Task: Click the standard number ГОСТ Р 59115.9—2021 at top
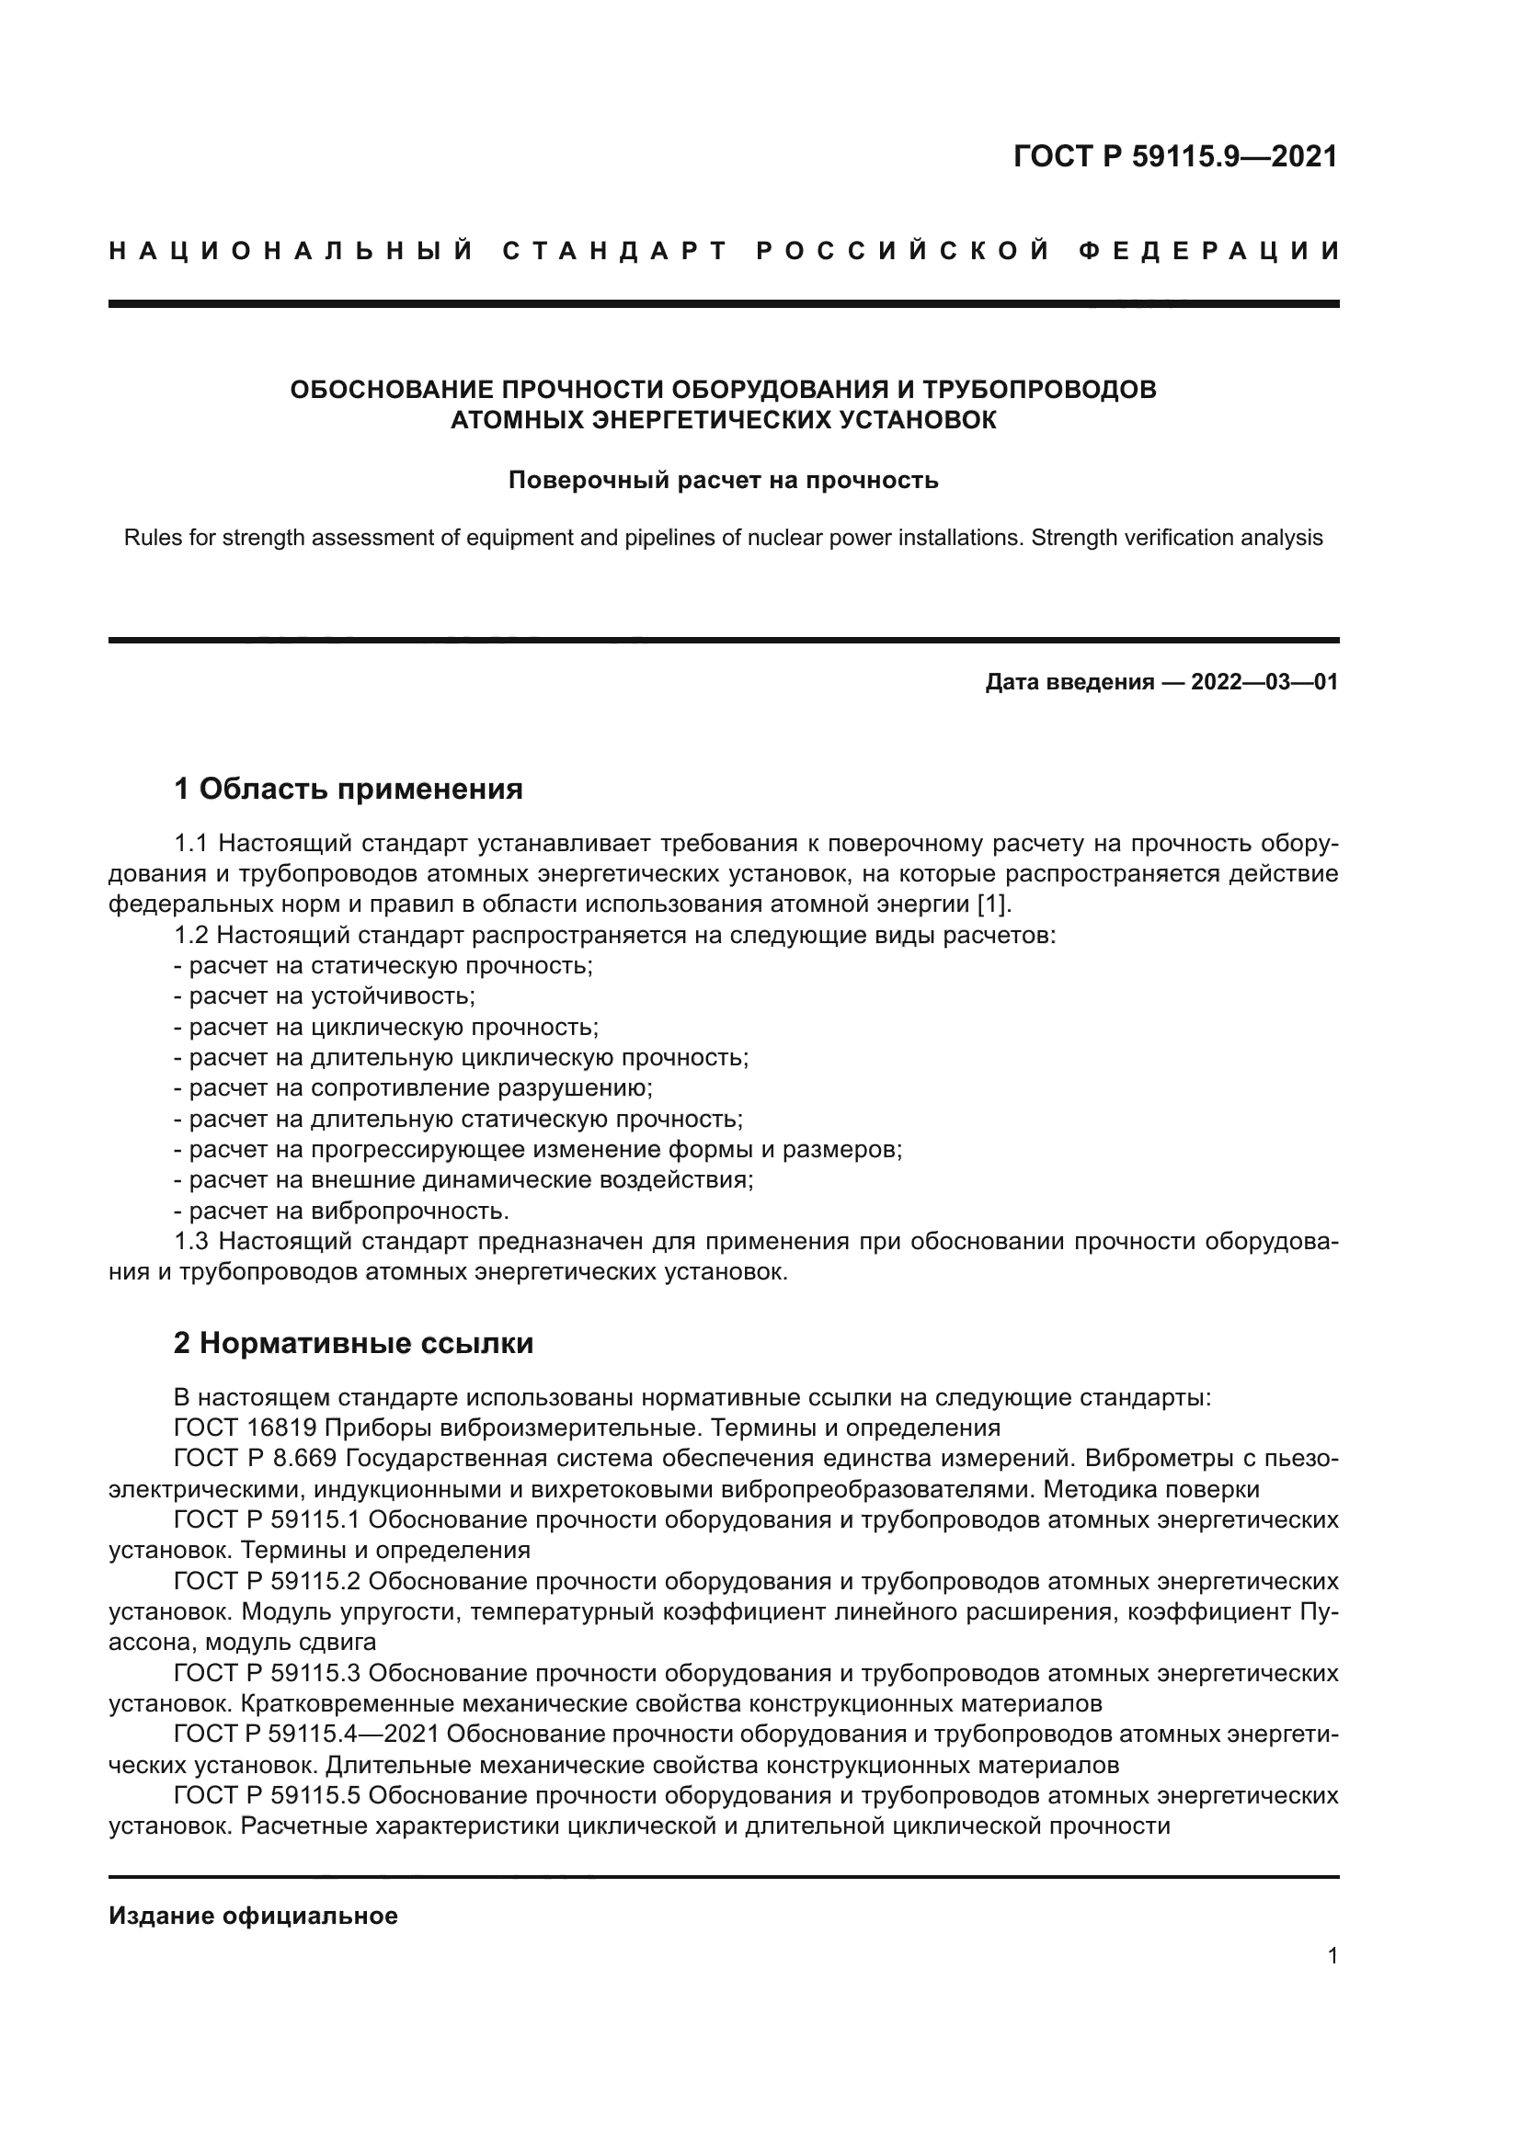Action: [1175, 156]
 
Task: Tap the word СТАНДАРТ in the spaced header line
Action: [615, 251]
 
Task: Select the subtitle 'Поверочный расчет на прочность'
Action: [723, 481]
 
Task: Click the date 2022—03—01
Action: [1264, 682]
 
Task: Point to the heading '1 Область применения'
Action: [349, 789]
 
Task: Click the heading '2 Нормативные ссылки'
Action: [354, 1343]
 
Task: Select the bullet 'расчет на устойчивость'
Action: [333, 996]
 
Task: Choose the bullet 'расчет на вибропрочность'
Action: [349, 1211]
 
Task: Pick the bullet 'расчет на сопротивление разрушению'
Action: [419, 1088]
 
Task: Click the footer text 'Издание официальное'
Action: [253, 1916]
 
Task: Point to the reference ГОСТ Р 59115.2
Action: [267, 1581]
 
